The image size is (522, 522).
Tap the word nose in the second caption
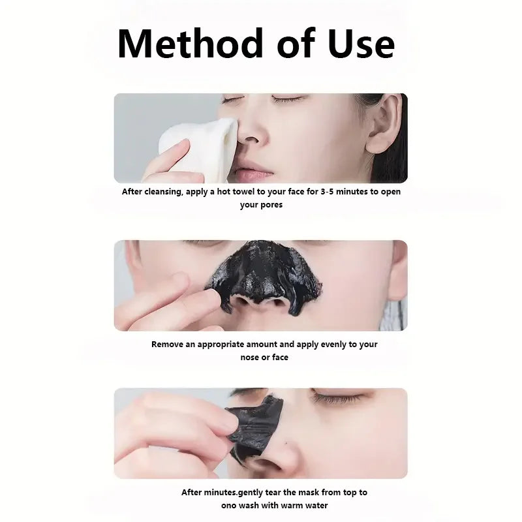tap(250, 357)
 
